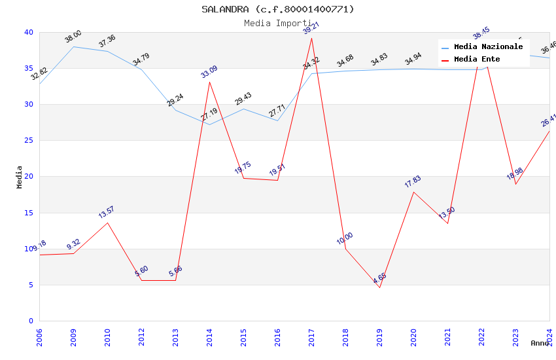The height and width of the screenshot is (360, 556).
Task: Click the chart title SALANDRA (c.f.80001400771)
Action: click(278, 9)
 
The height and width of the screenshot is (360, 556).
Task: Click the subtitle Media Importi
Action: click(278, 23)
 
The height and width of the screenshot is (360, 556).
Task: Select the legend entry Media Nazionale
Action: click(488, 47)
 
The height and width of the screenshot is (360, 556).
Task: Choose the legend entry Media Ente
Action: click(477, 60)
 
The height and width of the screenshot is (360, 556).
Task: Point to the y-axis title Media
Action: click(20, 177)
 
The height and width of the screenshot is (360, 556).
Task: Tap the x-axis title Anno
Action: click(540, 343)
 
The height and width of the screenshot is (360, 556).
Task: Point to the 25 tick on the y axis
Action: click(29, 141)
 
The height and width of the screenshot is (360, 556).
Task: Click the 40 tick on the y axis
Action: click(29, 32)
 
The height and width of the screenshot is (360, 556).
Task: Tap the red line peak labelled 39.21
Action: click(311, 38)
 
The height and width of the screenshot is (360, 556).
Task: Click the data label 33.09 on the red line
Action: click(209, 72)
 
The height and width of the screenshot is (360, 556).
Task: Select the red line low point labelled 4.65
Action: click(379, 287)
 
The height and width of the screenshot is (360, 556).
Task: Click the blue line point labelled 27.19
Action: click(209, 124)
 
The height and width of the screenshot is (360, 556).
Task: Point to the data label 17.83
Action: click(413, 181)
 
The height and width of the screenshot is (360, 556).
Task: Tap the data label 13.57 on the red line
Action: click(107, 212)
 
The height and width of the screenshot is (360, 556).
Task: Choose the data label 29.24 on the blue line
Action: click(175, 100)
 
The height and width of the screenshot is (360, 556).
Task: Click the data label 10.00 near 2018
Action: click(345, 238)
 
